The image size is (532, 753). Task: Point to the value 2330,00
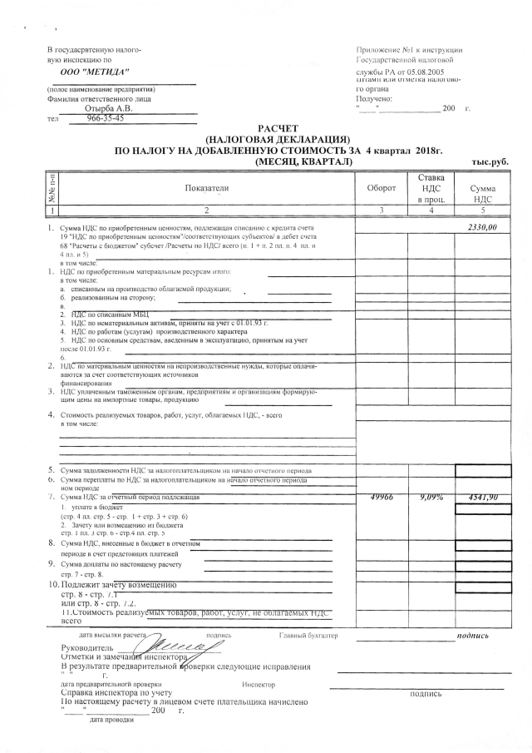pyautogui.click(x=481, y=226)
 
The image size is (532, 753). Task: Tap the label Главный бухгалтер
pyautogui.click(x=309, y=636)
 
